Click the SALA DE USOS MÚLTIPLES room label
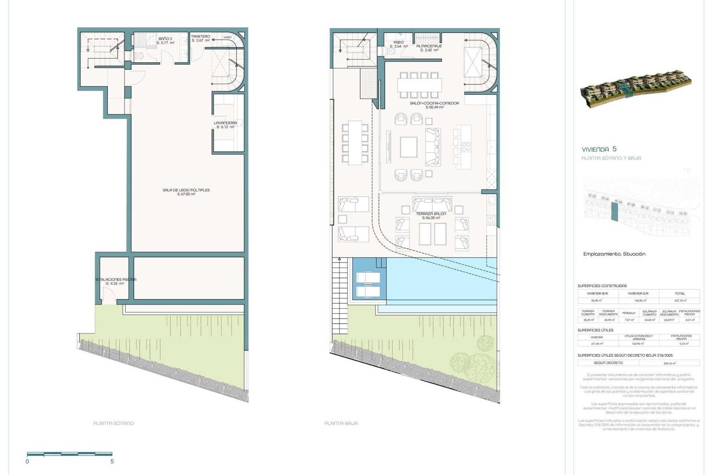[x=186, y=190]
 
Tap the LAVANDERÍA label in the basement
[x=225, y=123]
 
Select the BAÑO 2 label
[x=165, y=39]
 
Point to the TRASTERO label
[x=201, y=36]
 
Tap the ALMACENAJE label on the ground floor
[x=429, y=46]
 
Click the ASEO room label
[x=399, y=42]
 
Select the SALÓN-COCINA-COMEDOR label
[x=434, y=104]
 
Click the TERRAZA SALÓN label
[x=431, y=214]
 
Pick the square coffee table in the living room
[x=408, y=147]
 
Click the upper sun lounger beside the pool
[x=368, y=277]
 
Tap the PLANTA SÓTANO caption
[x=114, y=423]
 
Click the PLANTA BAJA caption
[x=341, y=423]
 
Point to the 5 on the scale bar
[x=112, y=462]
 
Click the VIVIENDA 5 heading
[x=599, y=149]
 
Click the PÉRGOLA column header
[x=629, y=313]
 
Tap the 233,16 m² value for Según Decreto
[x=669, y=363]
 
